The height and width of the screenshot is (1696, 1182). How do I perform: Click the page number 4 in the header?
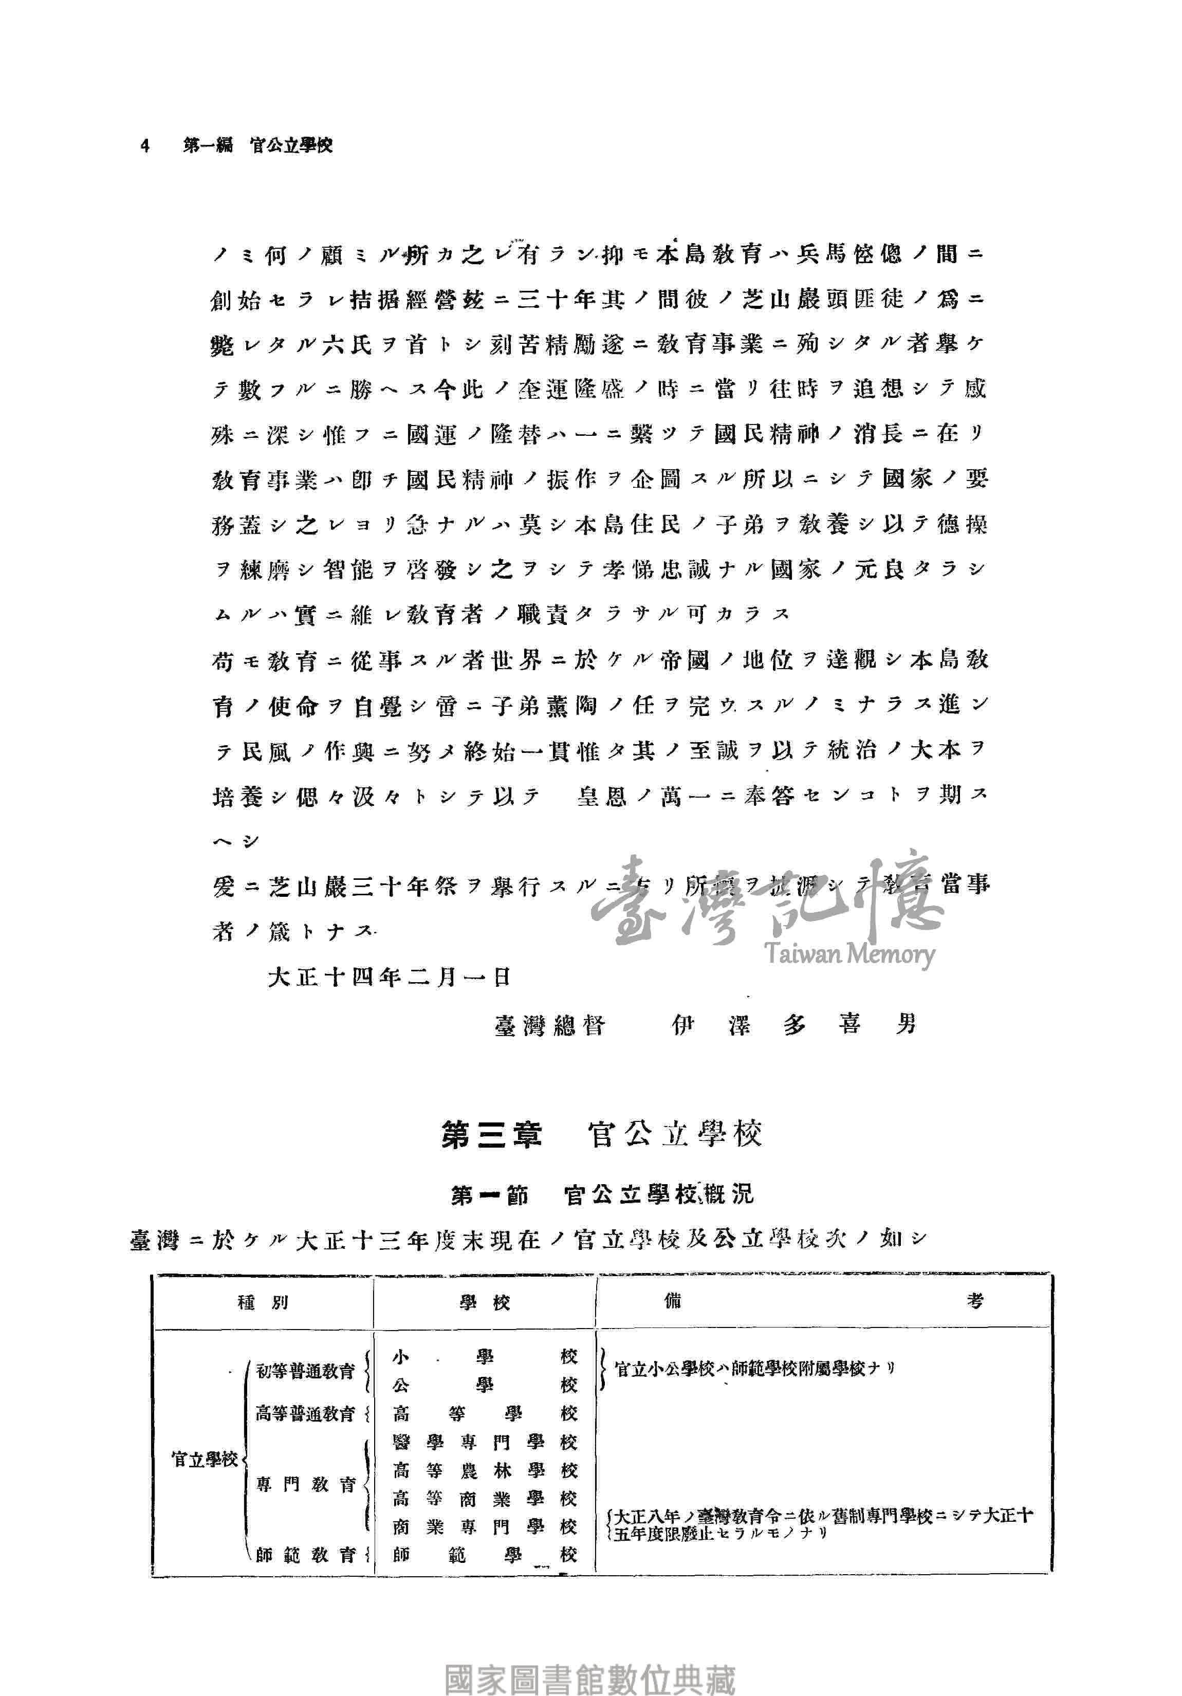145,145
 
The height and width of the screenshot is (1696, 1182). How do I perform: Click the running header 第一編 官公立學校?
258,145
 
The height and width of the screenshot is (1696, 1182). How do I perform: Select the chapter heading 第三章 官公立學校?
601,1135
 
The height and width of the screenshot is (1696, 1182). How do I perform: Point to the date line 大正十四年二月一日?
390,978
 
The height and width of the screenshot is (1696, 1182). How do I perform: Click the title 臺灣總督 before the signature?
550,1025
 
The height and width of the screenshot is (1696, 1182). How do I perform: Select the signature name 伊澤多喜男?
794,1025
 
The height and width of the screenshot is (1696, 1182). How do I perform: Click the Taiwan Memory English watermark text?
849,954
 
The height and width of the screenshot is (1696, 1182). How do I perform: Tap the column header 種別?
263,1303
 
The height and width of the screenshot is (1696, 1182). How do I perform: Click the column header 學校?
485,1303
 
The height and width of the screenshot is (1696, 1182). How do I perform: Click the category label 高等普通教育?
305,1414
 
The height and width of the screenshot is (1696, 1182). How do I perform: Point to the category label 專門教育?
306,1485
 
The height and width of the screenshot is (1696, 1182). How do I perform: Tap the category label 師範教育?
306,1555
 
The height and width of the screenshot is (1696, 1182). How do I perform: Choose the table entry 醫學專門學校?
485,1442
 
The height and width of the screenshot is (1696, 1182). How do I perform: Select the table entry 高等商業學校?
485,1499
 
